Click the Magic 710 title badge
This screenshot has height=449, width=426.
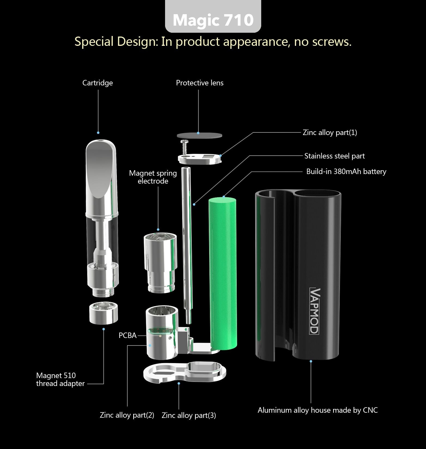[213, 20]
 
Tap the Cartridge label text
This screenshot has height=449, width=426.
[98, 83]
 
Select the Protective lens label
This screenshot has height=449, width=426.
[200, 83]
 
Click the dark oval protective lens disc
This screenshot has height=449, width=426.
[199, 135]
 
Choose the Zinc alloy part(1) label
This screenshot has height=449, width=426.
[330, 133]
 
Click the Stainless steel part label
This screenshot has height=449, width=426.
[334, 156]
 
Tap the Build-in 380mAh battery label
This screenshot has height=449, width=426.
[346, 172]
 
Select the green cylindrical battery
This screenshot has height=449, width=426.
[223, 273]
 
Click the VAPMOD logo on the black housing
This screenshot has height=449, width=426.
[315, 311]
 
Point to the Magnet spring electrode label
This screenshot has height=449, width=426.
[153, 177]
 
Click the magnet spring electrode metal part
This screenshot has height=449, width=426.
[160, 262]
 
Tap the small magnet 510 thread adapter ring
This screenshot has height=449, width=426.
[104, 313]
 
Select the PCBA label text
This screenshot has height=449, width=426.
[127, 336]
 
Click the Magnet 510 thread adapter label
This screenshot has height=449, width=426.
[60, 379]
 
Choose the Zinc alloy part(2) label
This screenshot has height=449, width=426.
[127, 415]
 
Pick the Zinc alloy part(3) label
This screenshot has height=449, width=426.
[189, 415]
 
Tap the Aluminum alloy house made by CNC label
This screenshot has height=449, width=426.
[318, 410]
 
